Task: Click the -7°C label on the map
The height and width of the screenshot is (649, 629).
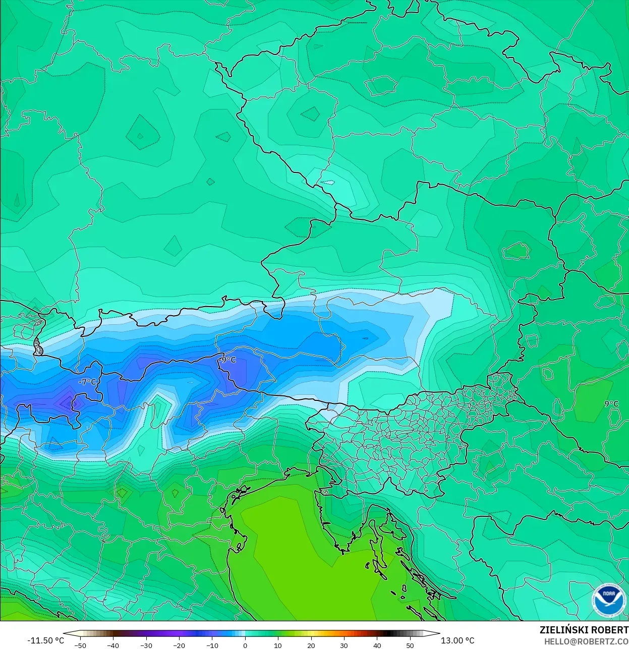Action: point(87,382)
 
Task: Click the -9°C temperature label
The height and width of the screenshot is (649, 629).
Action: point(227,360)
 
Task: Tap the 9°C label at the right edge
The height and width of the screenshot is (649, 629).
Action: point(611,403)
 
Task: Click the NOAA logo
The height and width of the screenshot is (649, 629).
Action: point(609,600)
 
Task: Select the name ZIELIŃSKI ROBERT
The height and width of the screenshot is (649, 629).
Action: point(584,630)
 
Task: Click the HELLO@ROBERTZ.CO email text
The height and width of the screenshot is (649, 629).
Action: point(586,641)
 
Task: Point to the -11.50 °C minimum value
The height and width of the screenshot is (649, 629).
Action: point(45,640)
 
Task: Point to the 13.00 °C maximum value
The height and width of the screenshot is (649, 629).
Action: point(458,640)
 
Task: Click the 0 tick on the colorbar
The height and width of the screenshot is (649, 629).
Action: point(245,645)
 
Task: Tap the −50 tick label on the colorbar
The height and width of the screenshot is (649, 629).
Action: point(80,645)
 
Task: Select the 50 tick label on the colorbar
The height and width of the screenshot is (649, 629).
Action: point(410,645)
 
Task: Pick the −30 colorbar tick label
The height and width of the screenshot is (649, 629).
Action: point(146,645)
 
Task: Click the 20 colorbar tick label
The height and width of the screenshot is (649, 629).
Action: point(311,645)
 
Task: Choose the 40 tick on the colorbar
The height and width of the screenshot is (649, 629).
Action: point(377,645)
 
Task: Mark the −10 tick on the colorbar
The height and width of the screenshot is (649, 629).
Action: point(212,645)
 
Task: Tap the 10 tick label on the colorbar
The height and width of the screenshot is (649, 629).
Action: point(278,645)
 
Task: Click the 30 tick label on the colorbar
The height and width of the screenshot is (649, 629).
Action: point(344,645)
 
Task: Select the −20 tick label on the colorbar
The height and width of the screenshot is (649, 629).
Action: point(179,645)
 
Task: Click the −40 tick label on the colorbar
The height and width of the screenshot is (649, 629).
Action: point(113,645)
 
